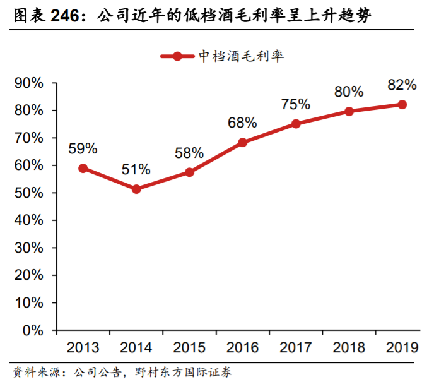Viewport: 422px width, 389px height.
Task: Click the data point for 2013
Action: pos(83,169)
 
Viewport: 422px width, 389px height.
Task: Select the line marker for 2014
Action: pos(136,189)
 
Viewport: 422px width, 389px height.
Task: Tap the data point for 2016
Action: pos(243,143)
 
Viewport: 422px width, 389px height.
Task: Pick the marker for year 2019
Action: pos(402,104)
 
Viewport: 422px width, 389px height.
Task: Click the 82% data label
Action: pos(402,85)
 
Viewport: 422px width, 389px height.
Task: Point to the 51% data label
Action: pos(136,169)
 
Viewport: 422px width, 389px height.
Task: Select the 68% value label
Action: pos(243,123)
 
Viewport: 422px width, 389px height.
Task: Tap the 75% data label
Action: pos(296,104)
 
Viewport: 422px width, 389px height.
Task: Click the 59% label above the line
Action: pos(83,149)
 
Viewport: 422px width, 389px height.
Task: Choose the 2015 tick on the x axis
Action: pos(189,347)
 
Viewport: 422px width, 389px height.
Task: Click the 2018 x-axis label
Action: pos(349,347)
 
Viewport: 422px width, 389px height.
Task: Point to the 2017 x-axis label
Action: pos(296,347)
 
